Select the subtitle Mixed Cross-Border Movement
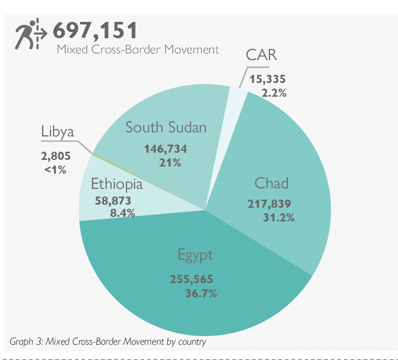pos(138,49)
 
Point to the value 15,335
pos(267,79)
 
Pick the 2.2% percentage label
pos(274,93)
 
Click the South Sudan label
pos(166,127)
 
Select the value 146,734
pos(166,149)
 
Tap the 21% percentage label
pos(170,163)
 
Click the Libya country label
pos(57,132)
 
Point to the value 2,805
pos(56,156)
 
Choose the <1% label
pos(56,170)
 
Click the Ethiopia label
pos(116,184)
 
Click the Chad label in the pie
pos(272,183)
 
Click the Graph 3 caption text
pos(108,342)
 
